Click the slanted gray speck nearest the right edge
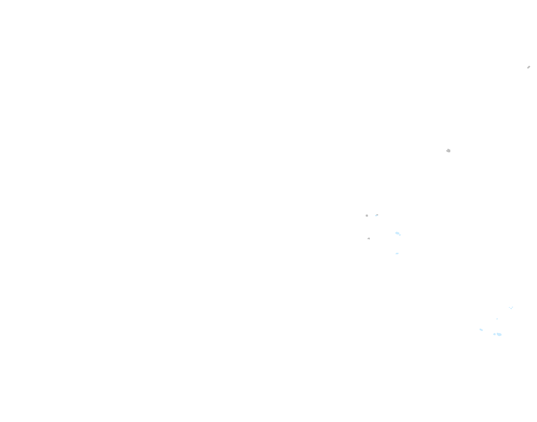coord(528,67)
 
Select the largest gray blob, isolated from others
coord(448,151)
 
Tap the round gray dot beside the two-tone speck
coord(367,215)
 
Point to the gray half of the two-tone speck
coord(376,215)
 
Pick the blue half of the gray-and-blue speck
coord(378,215)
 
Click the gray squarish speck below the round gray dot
coord(369,238)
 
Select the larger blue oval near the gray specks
coord(397,233)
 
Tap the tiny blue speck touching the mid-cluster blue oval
coord(400,235)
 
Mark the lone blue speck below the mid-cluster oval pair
coord(397,253)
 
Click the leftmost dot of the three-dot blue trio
coord(509,307)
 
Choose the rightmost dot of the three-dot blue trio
coord(512,307)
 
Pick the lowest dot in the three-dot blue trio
coord(511,308)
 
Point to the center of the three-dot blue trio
coord(511,308)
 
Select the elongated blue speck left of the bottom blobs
coord(481,330)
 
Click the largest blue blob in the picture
coord(499,334)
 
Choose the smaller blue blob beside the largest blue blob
coord(494,334)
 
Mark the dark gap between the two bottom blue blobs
coord(496,334)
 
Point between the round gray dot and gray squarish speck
coord(368,227)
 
